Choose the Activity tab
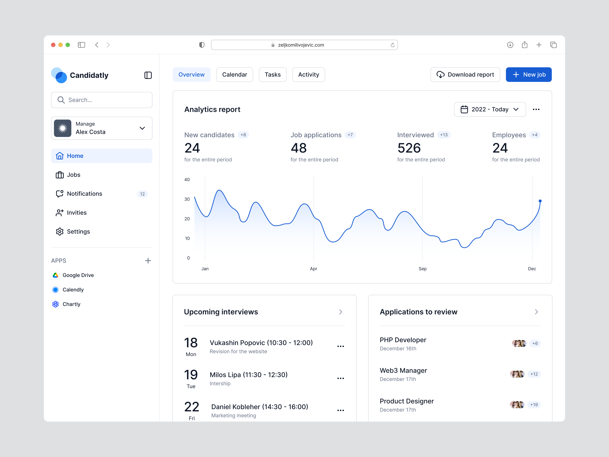point(308,75)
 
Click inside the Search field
point(105,100)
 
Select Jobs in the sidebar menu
point(74,175)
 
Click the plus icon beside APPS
point(148,261)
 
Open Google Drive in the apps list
point(78,275)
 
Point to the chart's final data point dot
point(540,201)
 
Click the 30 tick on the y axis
point(187,199)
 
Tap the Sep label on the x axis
point(422,269)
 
